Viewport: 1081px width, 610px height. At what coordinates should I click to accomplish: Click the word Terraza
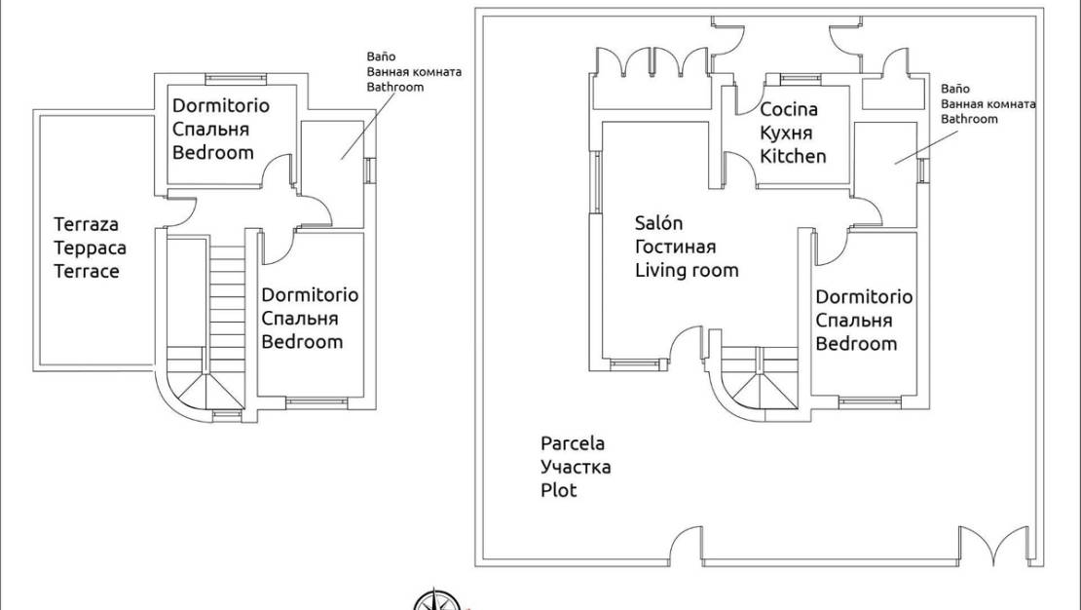tap(86, 224)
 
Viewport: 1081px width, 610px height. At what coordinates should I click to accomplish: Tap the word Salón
tap(658, 223)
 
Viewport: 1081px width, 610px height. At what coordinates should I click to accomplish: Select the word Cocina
tap(788, 109)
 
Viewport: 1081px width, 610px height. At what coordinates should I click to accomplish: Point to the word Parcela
tap(573, 443)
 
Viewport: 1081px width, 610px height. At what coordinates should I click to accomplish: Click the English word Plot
tap(559, 490)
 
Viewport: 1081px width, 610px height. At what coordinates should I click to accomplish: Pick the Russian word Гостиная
tap(675, 247)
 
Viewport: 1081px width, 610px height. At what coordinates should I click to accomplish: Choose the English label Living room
tap(687, 270)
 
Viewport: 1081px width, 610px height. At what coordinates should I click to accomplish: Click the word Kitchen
tap(793, 156)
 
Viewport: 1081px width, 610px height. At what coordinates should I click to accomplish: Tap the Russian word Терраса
tap(90, 248)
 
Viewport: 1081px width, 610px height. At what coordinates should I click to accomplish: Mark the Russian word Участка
tap(576, 467)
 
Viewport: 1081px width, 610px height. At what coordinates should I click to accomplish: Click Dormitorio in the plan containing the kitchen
tap(864, 296)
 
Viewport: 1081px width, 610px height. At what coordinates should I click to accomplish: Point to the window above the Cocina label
tap(801, 78)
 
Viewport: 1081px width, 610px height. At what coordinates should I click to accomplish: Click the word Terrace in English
tap(86, 271)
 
